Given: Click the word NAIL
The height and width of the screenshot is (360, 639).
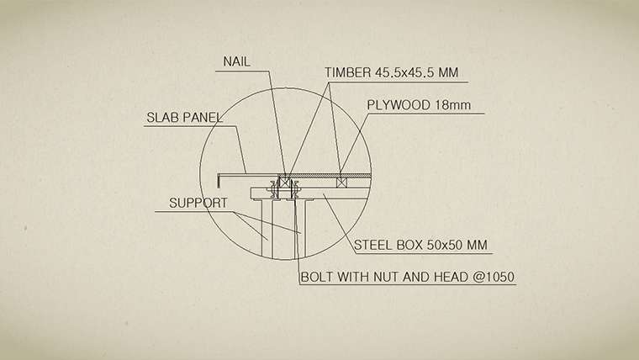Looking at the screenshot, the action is (x=236, y=61).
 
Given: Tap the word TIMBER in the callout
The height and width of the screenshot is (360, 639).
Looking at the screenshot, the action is (x=347, y=72).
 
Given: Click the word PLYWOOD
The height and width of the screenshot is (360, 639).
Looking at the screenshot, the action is (x=399, y=105).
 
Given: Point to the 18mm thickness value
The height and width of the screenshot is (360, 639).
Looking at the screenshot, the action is (x=452, y=105).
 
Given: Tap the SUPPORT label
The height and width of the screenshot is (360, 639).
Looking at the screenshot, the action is (x=198, y=203).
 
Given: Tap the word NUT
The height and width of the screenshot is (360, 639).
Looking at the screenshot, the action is (x=387, y=278).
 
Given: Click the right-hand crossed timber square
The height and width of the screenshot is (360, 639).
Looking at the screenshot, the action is (x=341, y=183).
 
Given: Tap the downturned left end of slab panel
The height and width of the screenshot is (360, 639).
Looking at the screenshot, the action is (x=219, y=181).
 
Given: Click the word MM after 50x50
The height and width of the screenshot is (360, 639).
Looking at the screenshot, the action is (x=477, y=245).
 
